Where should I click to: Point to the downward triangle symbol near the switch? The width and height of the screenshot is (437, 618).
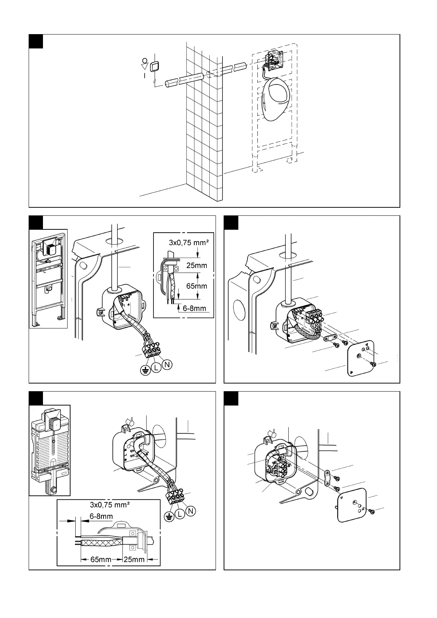(x=145, y=67)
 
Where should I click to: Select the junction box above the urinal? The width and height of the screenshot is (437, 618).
(x=274, y=60)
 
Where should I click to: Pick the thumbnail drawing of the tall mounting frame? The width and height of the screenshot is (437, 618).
(x=48, y=279)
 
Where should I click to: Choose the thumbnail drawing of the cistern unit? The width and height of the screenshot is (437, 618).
(x=50, y=450)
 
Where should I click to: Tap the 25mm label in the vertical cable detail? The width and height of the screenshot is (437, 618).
(x=196, y=265)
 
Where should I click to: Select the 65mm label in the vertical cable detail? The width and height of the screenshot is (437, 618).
(x=196, y=286)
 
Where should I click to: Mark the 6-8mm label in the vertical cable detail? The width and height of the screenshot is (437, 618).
(x=194, y=308)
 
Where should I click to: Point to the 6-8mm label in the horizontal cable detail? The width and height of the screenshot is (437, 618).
(x=101, y=516)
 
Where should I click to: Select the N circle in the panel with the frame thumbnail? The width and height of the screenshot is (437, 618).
(x=167, y=365)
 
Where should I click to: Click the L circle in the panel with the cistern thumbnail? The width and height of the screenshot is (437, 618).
(x=180, y=515)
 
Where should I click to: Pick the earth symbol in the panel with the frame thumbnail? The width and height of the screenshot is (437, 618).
(x=146, y=371)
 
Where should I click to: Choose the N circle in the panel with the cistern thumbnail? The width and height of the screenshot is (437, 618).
(x=190, y=510)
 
